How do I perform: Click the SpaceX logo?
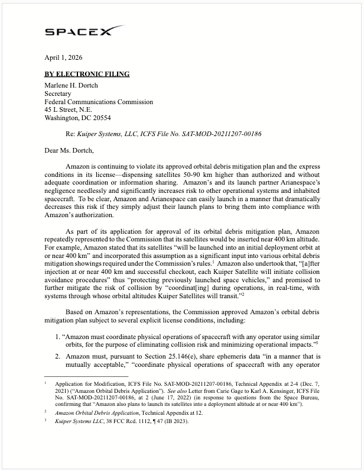coord(84,31)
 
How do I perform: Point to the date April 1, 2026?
coord(63,58)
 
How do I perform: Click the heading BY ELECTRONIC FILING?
coord(87,75)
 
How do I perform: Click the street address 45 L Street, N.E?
coord(70,110)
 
